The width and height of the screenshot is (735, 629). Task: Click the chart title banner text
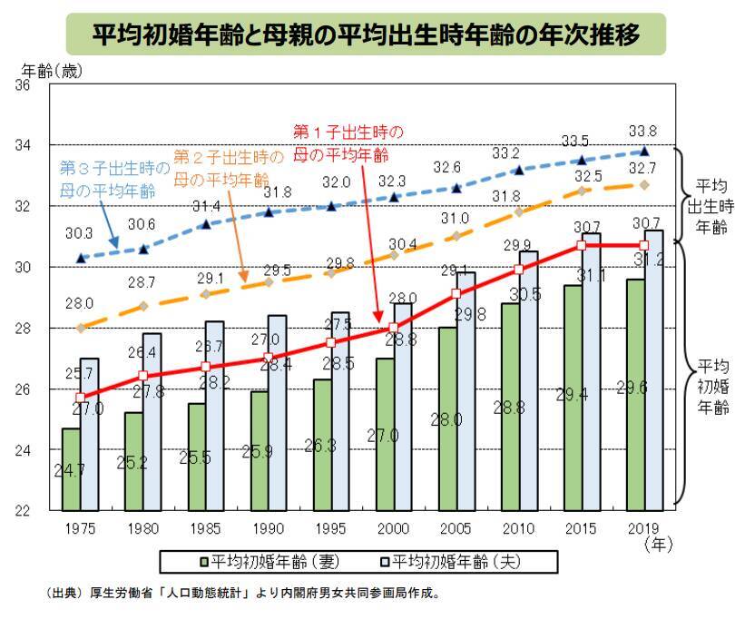pyautogui.click(x=366, y=34)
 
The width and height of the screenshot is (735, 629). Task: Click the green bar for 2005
pyautogui.click(x=447, y=418)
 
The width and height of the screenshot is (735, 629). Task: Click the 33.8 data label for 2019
pyautogui.click(x=643, y=129)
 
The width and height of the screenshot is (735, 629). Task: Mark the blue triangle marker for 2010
pyautogui.click(x=519, y=170)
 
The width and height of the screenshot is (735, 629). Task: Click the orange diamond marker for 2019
pyautogui.click(x=644, y=184)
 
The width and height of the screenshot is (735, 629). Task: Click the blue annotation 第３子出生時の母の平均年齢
pyautogui.click(x=113, y=179)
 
